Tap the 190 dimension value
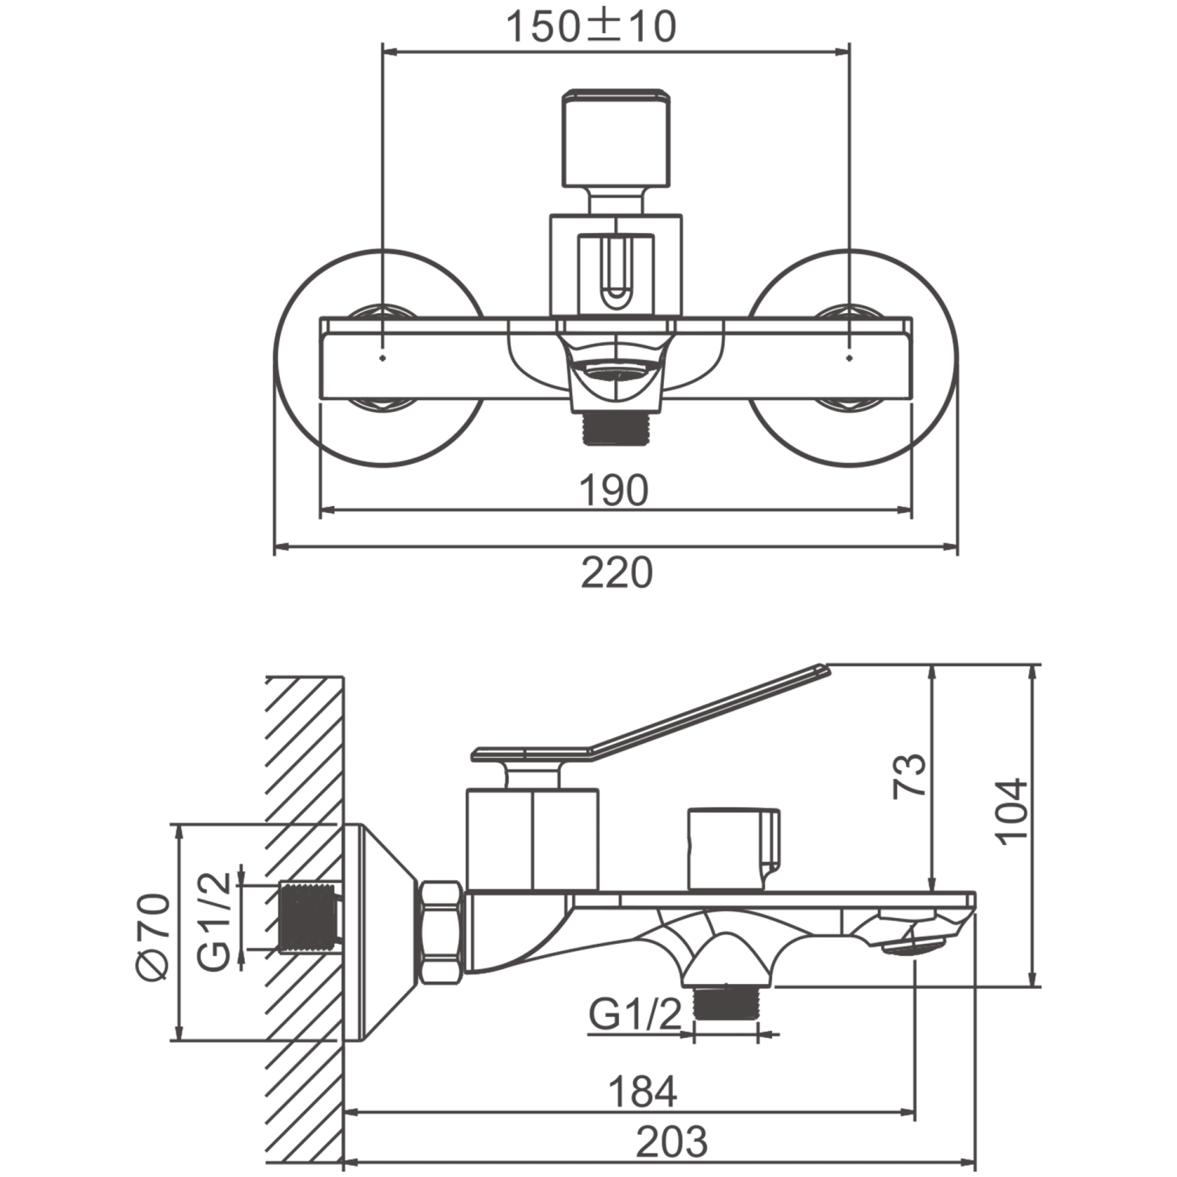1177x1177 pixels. (614, 491)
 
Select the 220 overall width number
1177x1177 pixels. (617, 573)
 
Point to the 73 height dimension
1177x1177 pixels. (909, 776)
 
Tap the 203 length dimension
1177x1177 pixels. (671, 1142)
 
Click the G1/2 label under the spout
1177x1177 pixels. (636, 1017)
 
